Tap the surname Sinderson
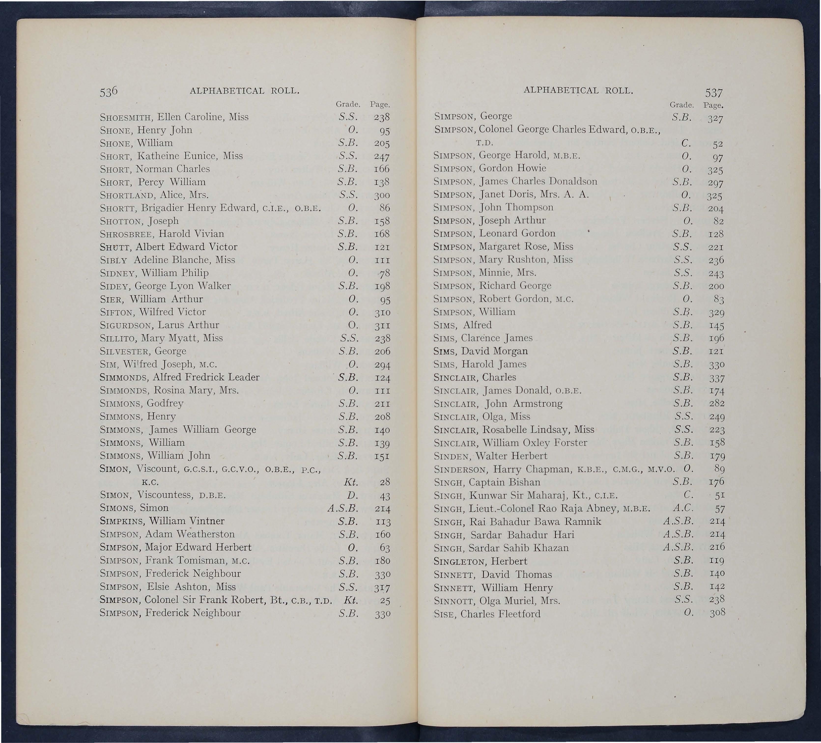click(x=461, y=470)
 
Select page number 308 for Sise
click(x=717, y=613)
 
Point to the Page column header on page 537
click(x=713, y=105)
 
